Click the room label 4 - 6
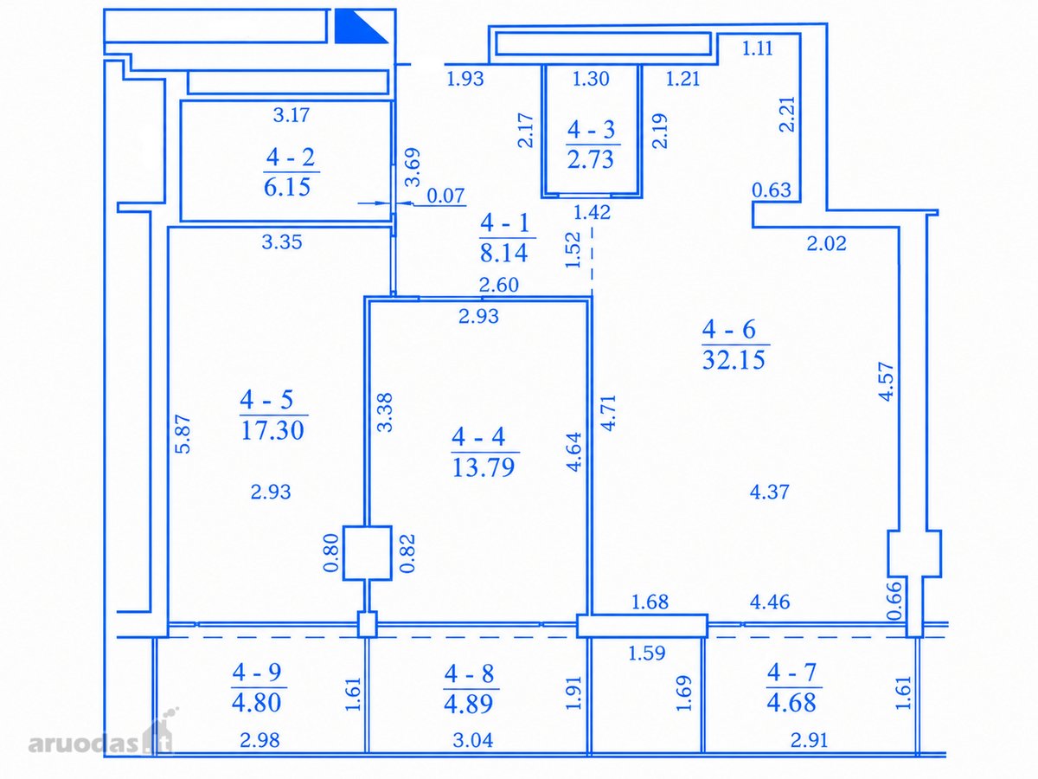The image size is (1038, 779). point(735,329)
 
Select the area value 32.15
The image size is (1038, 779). point(734,359)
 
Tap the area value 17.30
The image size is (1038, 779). point(272,430)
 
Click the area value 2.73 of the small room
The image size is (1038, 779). point(591,159)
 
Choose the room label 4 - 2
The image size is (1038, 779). point(291,157)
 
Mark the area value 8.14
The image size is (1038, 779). point(504,253)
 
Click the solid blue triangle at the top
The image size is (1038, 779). point(361,26)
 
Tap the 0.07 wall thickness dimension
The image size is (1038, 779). point(446,196)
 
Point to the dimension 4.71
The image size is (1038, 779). point(608,413)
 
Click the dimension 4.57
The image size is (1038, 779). point(887,381)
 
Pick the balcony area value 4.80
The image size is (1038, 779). point(257,702)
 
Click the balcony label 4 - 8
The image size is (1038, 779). point(470,673)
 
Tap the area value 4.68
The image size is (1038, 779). point(791,702)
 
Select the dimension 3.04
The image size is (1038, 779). point(473,740)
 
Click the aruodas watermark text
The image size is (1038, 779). point(84,744)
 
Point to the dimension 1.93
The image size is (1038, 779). point(465,79)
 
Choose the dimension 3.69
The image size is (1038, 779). point(413,167)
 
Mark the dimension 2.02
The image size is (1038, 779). point(826,243)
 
